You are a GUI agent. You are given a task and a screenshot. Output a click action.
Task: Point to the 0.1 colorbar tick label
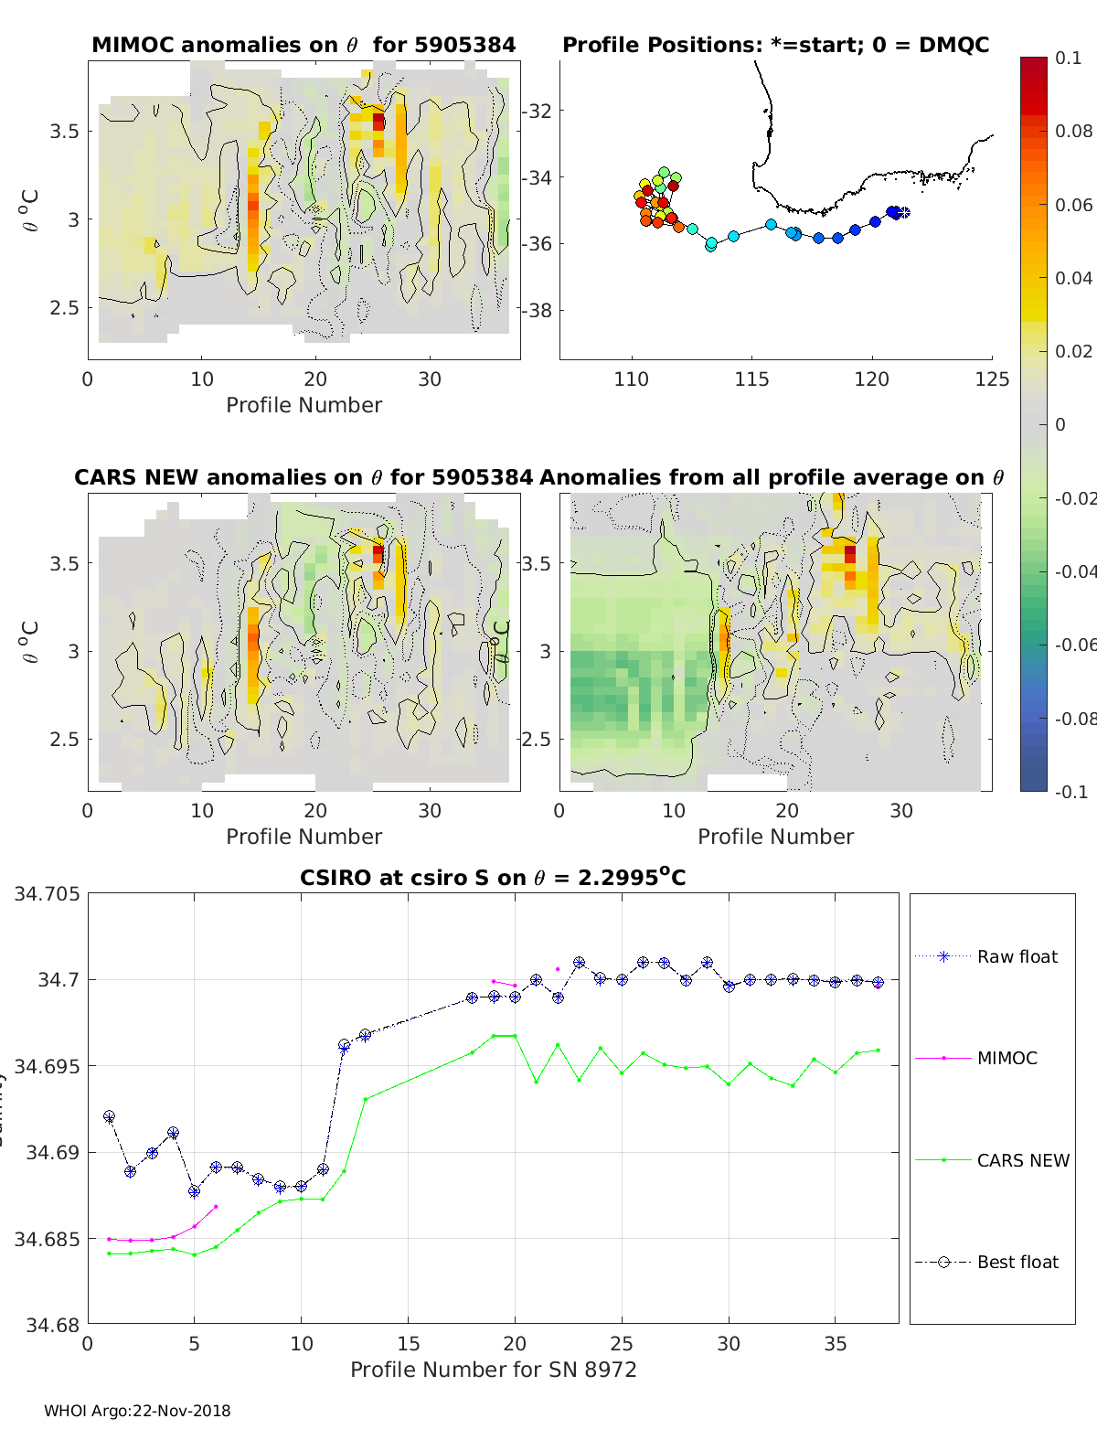click(1068, 58)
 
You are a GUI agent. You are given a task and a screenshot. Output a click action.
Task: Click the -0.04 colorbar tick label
click(1074, 571)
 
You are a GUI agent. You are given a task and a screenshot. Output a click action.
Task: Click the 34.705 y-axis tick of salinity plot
click(47, 893)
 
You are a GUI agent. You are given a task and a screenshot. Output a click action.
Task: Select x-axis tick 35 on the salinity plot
click(836, 1343)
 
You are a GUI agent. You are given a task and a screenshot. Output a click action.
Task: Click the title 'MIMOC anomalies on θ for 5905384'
click(304, 45)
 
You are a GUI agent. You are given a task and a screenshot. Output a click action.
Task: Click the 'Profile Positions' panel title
click(775, 45)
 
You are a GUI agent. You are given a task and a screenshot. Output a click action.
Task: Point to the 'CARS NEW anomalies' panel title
click(304, 477)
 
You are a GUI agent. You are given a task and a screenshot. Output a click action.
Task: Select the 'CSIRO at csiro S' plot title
click(493, 878)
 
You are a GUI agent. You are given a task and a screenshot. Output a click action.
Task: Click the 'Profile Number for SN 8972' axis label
click(493, 1370)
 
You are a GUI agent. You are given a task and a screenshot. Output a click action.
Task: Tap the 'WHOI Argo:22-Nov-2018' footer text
click(137, 1411)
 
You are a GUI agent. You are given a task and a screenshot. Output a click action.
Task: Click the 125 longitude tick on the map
click(992, 379)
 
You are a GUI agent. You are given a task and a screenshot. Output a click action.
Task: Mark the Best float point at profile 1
click(109, 1116)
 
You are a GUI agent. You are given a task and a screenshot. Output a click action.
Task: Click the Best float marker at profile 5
click(194, 1191)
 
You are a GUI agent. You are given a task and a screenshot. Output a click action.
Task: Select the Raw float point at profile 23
click(579, 963)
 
